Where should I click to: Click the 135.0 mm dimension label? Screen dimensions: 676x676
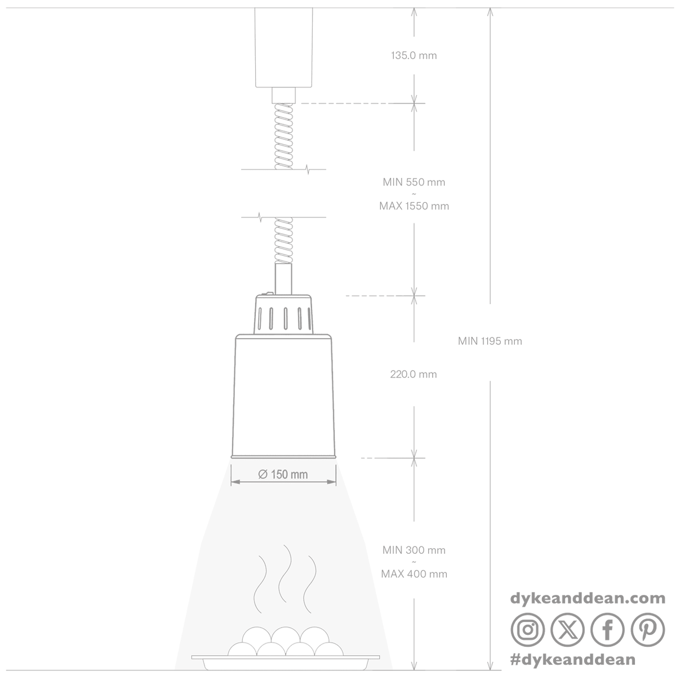point(413,55)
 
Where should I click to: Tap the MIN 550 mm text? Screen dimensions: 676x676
point(413,182)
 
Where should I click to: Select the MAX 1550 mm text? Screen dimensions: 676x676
point(414,206)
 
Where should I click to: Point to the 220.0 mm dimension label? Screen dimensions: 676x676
point(413,374)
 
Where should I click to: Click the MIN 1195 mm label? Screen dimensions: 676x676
point(490,341)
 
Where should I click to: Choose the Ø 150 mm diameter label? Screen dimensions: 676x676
point(283,474)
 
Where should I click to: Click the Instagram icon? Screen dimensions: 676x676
point(528,630)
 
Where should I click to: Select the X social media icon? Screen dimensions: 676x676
point(567,630)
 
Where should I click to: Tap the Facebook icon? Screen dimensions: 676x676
point(607,630)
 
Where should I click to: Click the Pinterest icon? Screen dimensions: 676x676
point(648,630)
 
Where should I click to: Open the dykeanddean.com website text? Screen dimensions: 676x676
point(588,598)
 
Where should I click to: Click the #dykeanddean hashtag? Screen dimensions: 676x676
point(573,660)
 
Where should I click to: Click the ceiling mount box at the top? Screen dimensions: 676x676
point(283,47)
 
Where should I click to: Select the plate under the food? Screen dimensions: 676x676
point(285,661)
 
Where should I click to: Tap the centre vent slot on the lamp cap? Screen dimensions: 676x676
point(286,318)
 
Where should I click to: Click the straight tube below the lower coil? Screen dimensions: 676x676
point(283,278)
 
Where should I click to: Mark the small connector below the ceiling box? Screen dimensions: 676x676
point(283,95)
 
